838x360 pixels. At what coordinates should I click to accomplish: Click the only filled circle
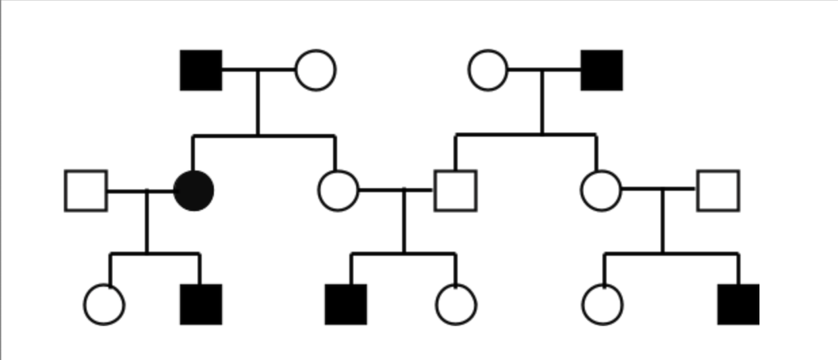(x=194, y=190)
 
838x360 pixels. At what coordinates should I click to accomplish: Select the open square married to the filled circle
(x=86, y=191)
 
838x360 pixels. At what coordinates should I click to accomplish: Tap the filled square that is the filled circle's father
(x=201, y=70)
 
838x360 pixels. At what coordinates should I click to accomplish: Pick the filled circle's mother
(x=315, y=70)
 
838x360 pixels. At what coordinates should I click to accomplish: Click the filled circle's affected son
(x=201, y=305)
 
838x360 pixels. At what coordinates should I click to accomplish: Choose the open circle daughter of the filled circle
(x=104, y=305)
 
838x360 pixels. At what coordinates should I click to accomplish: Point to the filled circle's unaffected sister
(x=338, y=190)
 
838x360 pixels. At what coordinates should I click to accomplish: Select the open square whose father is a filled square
(x=456, y=191)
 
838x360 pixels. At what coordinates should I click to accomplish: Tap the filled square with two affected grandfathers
(x=346, y=305)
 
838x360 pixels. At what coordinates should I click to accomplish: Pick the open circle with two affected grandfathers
(x=456, y=305)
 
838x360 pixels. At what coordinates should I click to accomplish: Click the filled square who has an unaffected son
(x=602, y=70)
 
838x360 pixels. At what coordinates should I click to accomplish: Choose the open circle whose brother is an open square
(x=601, y=190)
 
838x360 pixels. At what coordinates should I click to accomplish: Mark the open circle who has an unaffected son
(x=488, y=70)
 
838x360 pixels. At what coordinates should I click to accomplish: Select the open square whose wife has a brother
(x=718, y=191)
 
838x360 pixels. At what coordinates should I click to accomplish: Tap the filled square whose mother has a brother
(x=738, y=305)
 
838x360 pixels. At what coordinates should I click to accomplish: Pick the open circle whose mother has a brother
(x=602, y=305)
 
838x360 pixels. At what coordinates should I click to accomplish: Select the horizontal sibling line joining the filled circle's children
(x=155, y=254)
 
